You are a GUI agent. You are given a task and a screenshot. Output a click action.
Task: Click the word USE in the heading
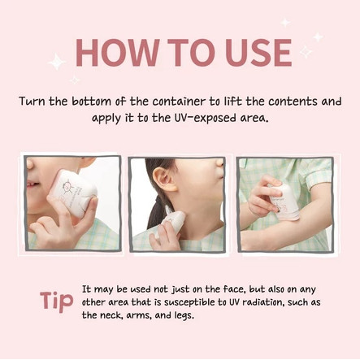(258, 53)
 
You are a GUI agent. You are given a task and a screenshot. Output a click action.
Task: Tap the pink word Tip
(57, 301)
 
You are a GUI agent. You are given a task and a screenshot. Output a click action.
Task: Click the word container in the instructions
(178, 102)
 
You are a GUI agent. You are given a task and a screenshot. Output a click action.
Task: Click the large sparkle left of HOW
(57, 62)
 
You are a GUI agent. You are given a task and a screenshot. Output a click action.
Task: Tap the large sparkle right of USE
(306, 51)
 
